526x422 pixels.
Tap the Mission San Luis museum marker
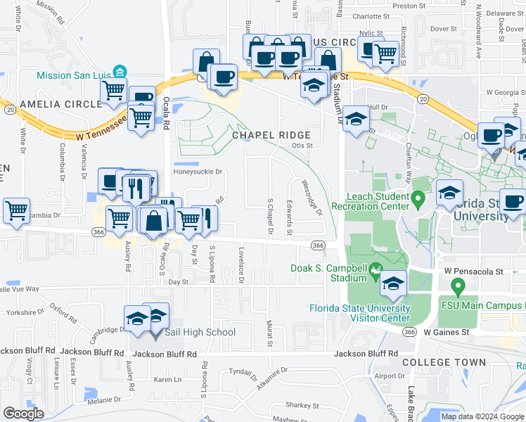pos(120,71)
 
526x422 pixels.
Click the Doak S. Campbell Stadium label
pos(328,273)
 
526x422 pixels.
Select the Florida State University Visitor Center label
pos(360,313)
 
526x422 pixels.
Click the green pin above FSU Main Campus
pos(458,286)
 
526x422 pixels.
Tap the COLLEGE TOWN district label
pos(444,362)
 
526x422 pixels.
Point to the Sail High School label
pos(200,333)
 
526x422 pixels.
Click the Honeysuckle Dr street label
pos(198,171)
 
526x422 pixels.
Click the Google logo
pos(23,414)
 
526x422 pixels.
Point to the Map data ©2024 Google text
pos(482,416)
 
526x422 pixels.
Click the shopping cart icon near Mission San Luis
pos(113,91)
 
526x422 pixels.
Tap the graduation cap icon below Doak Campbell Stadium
pos(394,284)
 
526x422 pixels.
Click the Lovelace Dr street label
pos(241,265)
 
